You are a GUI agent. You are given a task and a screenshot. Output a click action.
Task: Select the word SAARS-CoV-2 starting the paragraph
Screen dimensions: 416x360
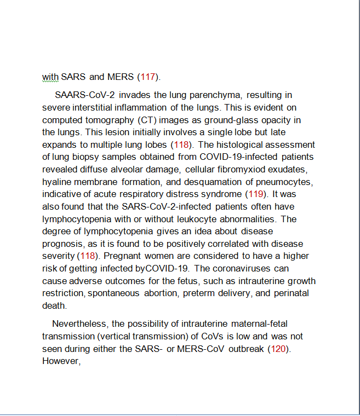coord(85,95)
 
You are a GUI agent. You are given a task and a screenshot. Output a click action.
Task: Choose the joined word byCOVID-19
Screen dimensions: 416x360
coord(163,268)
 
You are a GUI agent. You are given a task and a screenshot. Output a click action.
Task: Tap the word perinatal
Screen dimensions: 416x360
coord(290,293)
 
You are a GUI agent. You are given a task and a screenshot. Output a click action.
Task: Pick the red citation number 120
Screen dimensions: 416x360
coord(279,349)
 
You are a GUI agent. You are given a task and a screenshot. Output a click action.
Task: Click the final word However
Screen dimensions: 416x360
coord(61,361)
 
